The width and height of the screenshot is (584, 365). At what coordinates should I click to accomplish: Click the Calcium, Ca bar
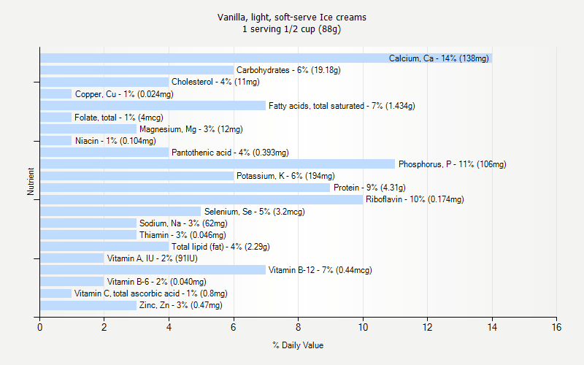[219, 58]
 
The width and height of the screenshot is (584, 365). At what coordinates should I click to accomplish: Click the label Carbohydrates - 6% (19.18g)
[288, 70]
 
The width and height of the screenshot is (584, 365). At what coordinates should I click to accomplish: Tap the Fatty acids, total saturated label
[342, 106]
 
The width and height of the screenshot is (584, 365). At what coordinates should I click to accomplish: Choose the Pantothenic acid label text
[230, 153]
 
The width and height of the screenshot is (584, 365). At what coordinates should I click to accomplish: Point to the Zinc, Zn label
[180, 305]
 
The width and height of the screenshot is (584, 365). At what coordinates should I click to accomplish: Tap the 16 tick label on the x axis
[557, 327]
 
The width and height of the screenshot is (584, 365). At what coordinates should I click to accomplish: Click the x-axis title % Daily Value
[298, 345]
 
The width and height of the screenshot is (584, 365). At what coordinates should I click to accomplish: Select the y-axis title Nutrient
[31, 182]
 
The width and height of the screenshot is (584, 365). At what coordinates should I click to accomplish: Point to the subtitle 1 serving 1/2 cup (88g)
[292, 30]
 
